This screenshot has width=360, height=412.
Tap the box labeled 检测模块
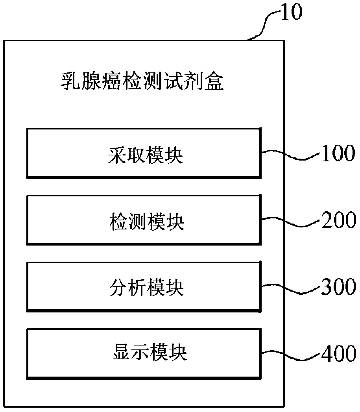143,219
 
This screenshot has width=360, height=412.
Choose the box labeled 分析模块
143,286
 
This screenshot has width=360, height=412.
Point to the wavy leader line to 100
289,154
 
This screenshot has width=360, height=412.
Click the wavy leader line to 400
289,354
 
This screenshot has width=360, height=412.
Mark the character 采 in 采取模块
117,157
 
